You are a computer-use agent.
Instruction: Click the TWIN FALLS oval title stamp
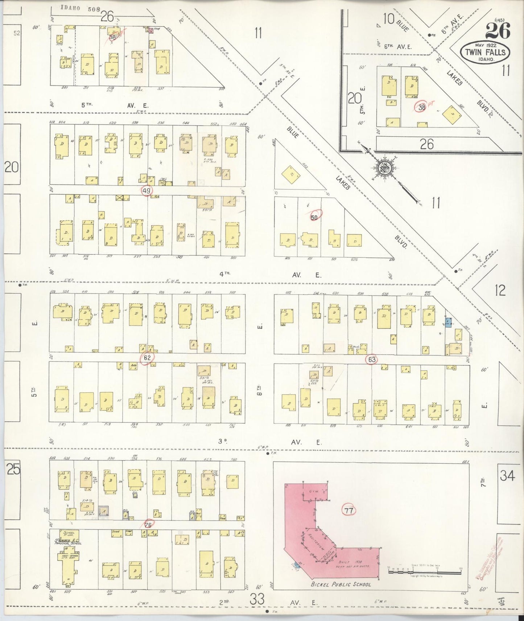click(485, 52)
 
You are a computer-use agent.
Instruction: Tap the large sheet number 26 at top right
click(498, 30)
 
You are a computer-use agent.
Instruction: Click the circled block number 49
click(147, 191)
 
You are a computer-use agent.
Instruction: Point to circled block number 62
click(147, 358)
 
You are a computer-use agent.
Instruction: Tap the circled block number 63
click(371, 360)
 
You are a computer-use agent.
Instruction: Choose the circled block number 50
click(314, 217)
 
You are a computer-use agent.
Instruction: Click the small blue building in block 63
click(448, 322)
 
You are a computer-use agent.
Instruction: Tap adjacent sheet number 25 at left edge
click(13, 470)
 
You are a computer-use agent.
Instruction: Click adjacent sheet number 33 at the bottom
click(258, 599)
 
